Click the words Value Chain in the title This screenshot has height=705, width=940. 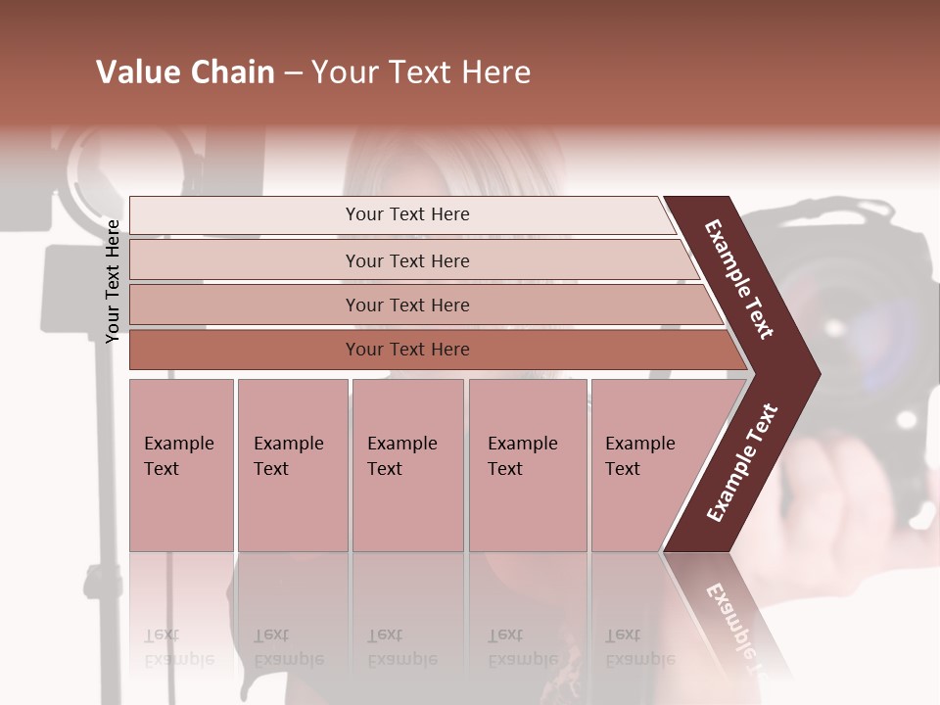tap(185, 72)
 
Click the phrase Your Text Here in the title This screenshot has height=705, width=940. tap(421, 72)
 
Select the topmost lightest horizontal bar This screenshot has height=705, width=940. tap(406, 214)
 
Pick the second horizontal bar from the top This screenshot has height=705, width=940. tap(406, 260)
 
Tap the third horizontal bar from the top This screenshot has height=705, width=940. tap(406, 305)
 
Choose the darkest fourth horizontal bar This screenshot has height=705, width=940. tap(406, 350)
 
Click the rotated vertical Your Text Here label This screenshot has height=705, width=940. tap(114, 281)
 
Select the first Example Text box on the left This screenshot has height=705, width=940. tap(181, 465)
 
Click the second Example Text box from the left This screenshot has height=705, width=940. tap(292, 465)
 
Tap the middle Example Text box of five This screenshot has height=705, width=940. tap(407, 465)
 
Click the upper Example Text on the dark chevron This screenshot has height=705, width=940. tap(739, 279)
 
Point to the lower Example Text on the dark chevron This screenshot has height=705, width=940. tap(741, 463)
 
